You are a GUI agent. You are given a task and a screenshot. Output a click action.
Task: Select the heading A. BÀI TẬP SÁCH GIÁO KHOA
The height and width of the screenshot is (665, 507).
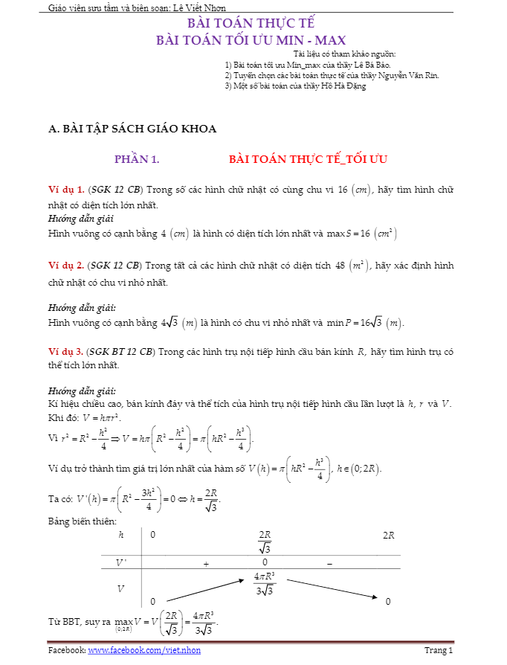tap(132, 129)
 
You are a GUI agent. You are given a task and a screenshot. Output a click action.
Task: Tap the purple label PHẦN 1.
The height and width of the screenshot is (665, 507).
tap(137, 159)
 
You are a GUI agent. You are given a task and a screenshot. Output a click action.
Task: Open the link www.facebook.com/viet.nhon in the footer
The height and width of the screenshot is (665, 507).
tap(144, 651)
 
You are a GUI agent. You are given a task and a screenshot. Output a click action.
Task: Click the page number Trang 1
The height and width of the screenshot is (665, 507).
tap(439, 651)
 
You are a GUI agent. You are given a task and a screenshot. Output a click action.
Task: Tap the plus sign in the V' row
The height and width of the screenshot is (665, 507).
tap(206, 564)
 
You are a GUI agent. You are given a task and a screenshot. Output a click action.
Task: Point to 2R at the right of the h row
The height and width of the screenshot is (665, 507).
tap(388, 535)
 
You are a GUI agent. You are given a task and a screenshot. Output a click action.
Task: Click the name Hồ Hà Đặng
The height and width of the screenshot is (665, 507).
tap(343, 86)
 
